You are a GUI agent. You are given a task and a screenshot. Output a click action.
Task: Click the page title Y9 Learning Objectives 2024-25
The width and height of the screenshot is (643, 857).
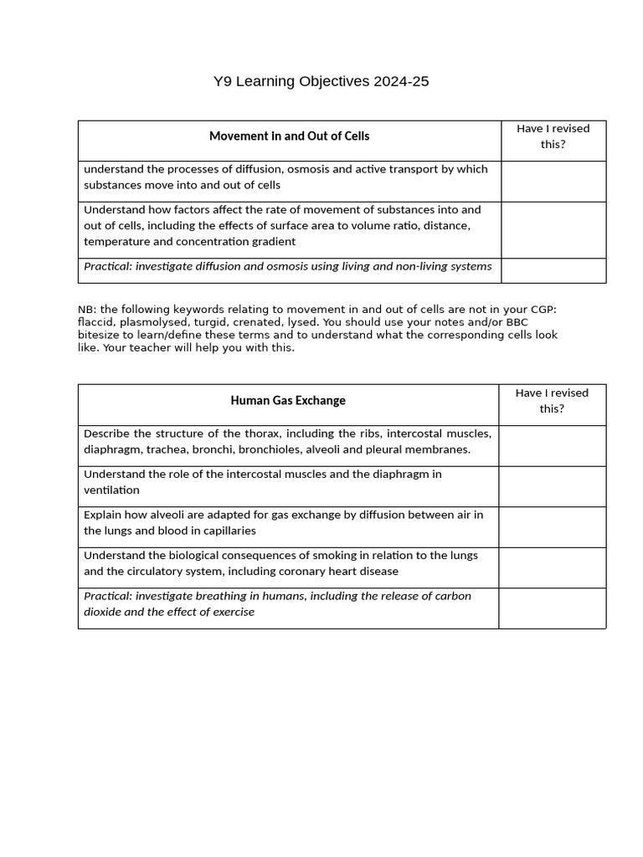(x=321, y=81)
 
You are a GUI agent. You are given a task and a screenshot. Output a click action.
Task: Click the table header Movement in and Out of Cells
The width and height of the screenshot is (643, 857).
(x=289, y=136)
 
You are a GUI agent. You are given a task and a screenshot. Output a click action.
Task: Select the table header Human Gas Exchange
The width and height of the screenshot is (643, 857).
(x=288, y=400)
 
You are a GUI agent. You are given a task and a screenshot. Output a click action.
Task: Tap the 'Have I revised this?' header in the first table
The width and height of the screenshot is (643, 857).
(x=553, y=136)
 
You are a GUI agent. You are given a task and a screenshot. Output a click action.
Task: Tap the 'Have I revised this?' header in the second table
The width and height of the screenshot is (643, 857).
(x=552, y=401)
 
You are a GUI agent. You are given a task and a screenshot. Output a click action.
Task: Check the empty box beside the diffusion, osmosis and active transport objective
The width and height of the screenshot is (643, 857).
(x=553, y=181)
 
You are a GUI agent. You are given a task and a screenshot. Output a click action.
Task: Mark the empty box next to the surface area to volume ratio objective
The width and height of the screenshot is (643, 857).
(x=553, y=229)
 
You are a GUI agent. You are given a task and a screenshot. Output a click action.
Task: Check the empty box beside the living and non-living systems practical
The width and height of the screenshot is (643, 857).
(x=553, y=270)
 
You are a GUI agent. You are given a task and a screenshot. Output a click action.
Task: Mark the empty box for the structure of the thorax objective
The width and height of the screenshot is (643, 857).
(x=552, y=445)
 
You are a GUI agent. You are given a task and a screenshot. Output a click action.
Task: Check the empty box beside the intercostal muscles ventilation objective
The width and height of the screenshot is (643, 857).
(x=552, y=486)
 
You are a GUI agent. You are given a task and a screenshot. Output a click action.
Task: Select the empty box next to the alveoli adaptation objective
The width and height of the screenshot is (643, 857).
(x=552, y=526)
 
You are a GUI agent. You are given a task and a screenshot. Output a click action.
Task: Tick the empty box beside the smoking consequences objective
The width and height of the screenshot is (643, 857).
(x=552, y=567)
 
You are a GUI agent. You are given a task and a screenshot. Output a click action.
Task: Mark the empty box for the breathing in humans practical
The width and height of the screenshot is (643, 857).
(x=552, y=608)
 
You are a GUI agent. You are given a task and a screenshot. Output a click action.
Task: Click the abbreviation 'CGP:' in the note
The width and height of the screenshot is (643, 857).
(x=539, y=309)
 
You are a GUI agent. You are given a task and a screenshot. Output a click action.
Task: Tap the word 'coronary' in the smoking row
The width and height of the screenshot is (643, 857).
(x=302, y=572)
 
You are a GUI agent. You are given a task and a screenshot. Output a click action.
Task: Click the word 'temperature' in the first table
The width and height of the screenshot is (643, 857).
(x=116, y=242)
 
